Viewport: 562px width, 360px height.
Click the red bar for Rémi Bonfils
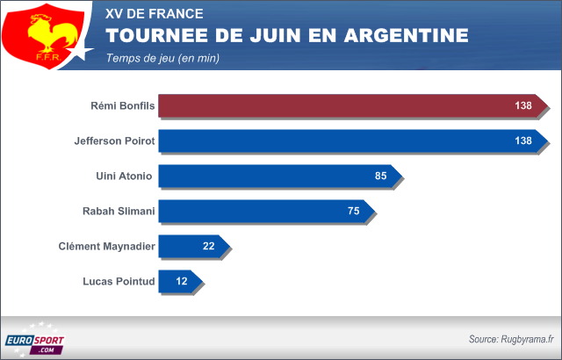tap(351, 106)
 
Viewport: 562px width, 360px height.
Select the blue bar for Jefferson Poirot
tap(351, 141)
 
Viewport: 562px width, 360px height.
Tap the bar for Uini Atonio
tap(277, 176)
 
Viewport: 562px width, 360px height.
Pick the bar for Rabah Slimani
tap(263, 212)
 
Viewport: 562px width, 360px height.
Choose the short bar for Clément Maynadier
tap(189, 247)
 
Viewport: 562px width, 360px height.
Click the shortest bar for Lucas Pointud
tap(176, 282)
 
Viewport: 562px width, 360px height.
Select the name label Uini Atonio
tap(124, 176)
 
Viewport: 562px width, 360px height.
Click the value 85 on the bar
tap(381, 176)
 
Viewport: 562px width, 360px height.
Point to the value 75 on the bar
tap(355, 212)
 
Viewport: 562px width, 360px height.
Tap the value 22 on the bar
tap(209, 247)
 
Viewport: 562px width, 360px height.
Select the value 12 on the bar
tap(183, 282)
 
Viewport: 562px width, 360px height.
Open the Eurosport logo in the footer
tap(34, 343)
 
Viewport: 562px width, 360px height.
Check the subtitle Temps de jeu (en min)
tap(162, 58)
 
